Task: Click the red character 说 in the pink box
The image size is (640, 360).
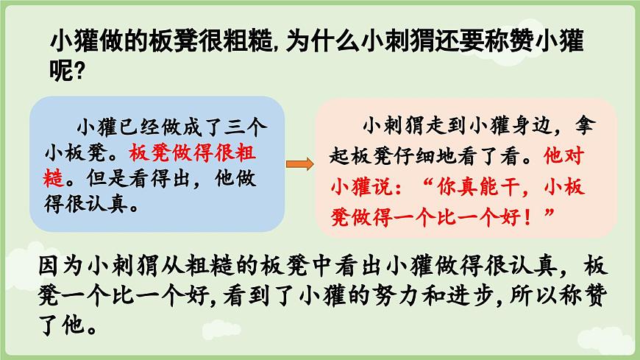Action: pos(377,187)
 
